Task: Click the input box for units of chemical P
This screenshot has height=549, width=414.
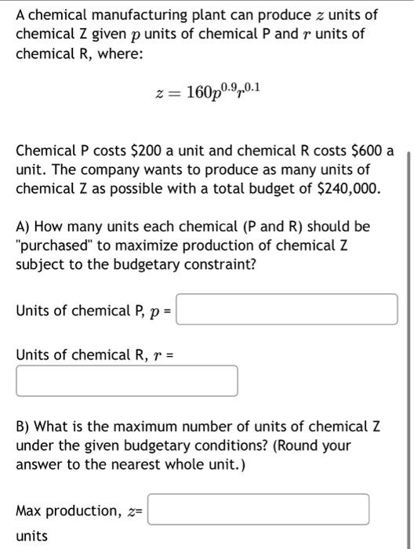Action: [287, 309]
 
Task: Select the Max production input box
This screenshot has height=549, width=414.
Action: [258, 509]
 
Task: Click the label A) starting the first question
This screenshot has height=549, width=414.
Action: [25, 226]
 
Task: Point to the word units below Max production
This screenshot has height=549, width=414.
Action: [31, 536]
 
